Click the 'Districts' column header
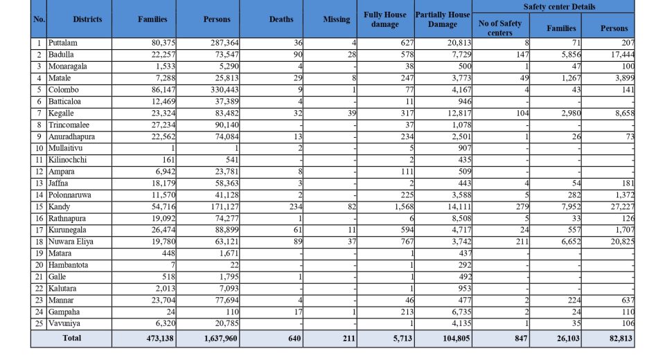87,19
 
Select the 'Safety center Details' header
553,6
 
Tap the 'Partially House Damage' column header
443,19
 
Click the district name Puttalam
64,43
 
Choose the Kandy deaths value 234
294,206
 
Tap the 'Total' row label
71,339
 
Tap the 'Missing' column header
337,19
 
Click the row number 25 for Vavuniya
39,323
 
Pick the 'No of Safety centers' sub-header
500,28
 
